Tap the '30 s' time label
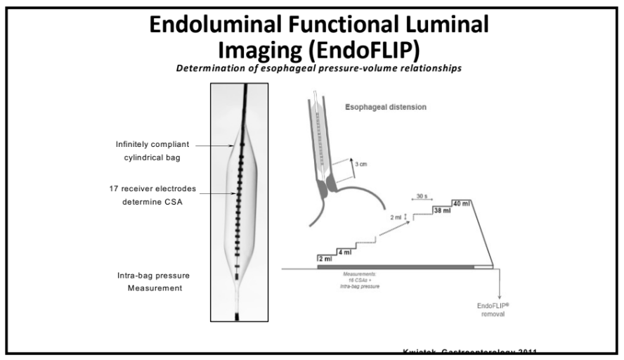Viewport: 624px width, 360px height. coord(422,196)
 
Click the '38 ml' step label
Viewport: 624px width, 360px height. coord(443,210)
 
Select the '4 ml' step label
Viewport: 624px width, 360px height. coord(344,252)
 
